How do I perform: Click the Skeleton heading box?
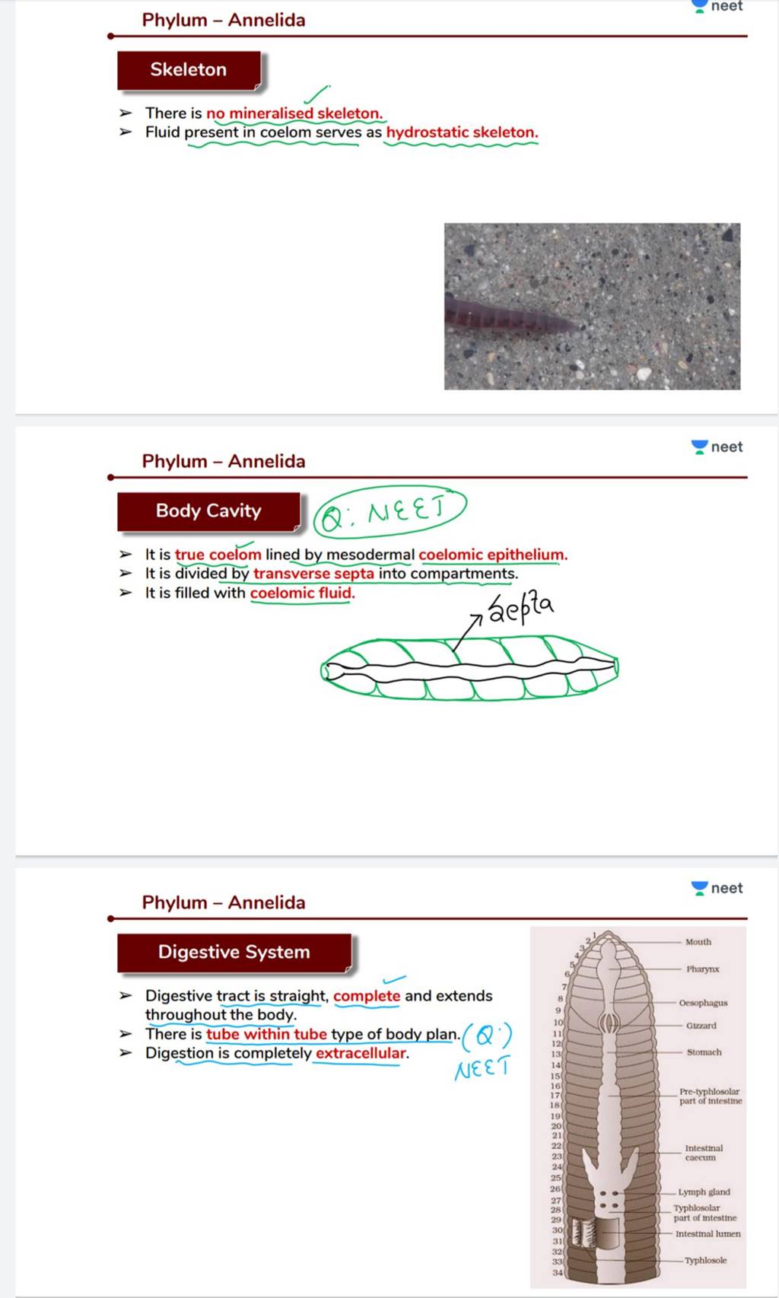pyautogui.click(x=189, y=70)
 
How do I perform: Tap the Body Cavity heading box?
pyautogui.click(x=208, y=511)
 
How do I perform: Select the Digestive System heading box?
pyautogui.click(x=234, y=952)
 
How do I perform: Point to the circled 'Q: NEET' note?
pyautogui.click(x=389, y=511)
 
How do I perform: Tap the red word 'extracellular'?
pyautogui.click(x=361, y=1053)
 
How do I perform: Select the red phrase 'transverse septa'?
pyautogui.click(x=313, y=574)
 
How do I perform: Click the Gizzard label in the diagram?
pyautogui.click(x=701, y=1026)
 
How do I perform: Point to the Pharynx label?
pyautogui.click(x=702, y=969)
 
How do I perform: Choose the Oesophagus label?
pyautogui.click(x=703, y=1003)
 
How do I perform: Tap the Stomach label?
pyautogui.click(x=704, y=1052)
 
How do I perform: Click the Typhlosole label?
pyautogui.click(x=705, y=1261)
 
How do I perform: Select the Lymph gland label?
pyautogui.click(x=704, y=1192)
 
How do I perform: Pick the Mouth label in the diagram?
pyautogui.click(x=698, y=942)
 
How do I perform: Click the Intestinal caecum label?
pyautogui.click(x=704, y=1153)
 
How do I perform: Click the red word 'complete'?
pyautogui.click(x=367, y=996)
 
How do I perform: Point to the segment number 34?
pyautogui.click(x=558, y=1272)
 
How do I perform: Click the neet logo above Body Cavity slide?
pyautogui.click(x=717, y=447)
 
